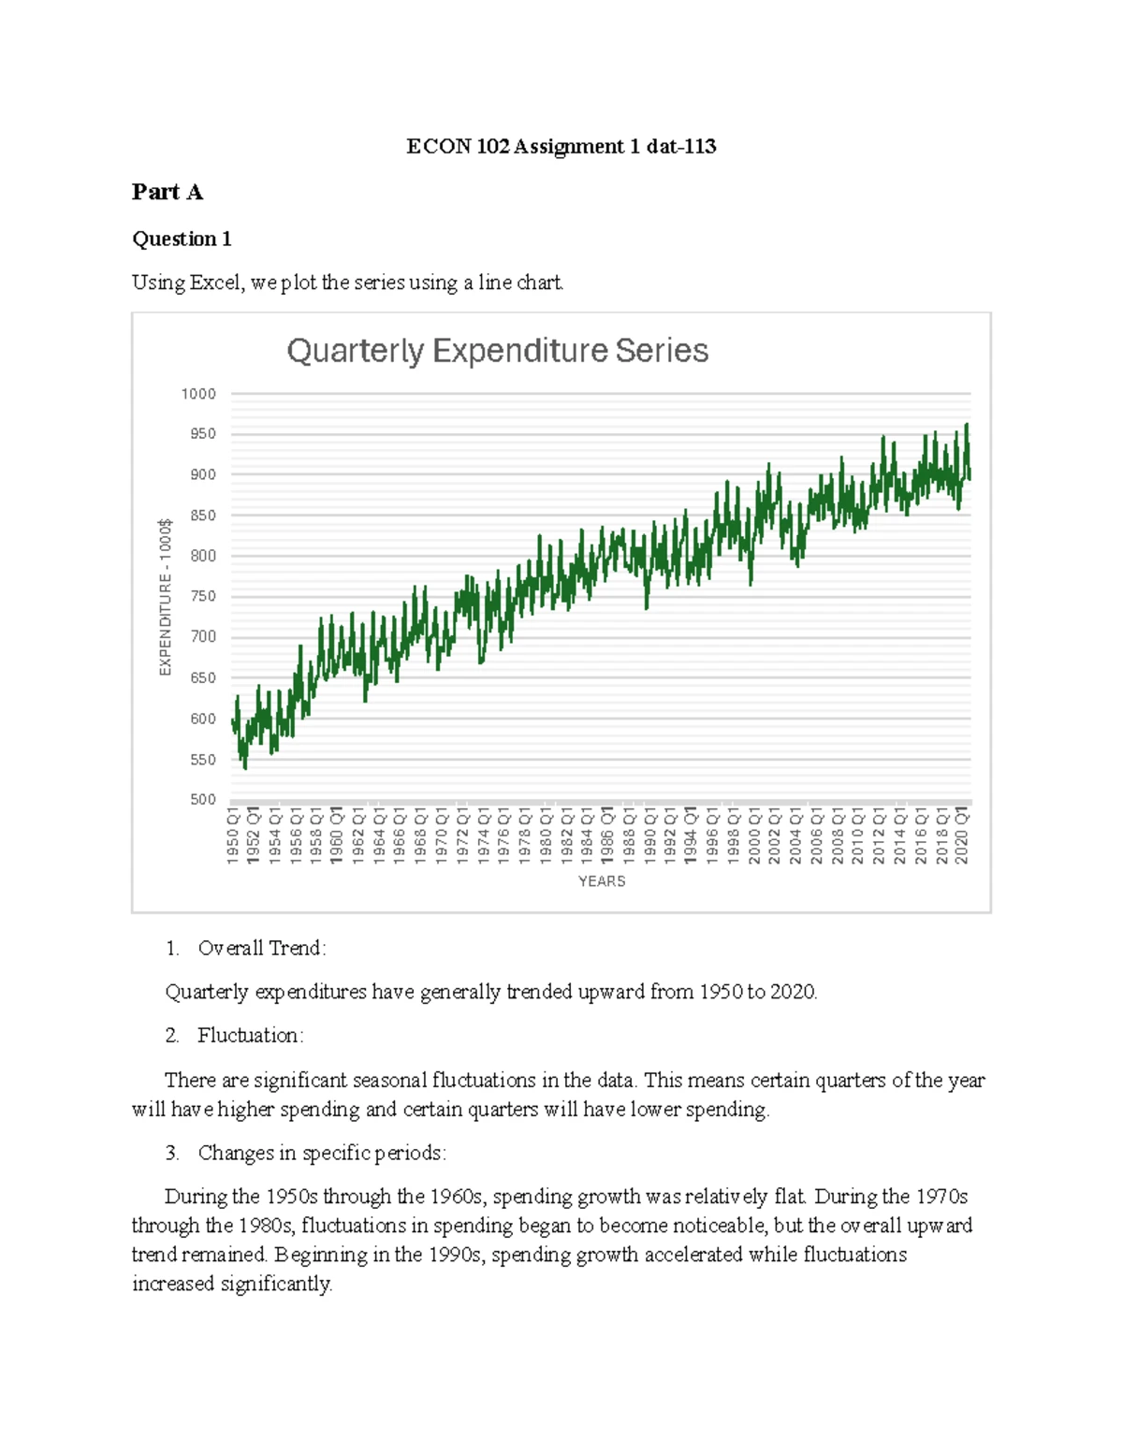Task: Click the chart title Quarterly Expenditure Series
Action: pos(497,351)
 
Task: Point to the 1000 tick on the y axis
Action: pos(198,394)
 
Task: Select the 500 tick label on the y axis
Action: pos(203,800)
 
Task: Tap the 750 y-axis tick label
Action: pos(203,597)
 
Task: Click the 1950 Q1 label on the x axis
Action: pos(233,836)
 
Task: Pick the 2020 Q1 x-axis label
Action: pos(961,836)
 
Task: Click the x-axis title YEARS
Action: pos(602,881)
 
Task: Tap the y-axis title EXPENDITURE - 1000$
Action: pos(166,596)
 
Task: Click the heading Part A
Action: pos(167,193)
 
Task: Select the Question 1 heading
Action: pos(182,240)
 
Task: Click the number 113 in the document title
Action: pos(700,147)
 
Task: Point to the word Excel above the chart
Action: pos(216,283)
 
